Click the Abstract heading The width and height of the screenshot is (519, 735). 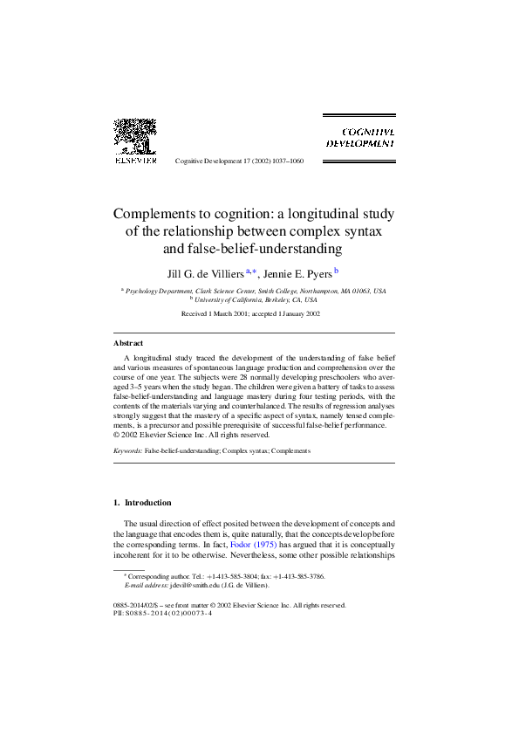(129, 343)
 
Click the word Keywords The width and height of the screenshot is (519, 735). (127, 450)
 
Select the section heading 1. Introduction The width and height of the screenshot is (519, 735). (143, 503)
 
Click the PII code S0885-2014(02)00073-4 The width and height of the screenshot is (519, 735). (170, 613)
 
